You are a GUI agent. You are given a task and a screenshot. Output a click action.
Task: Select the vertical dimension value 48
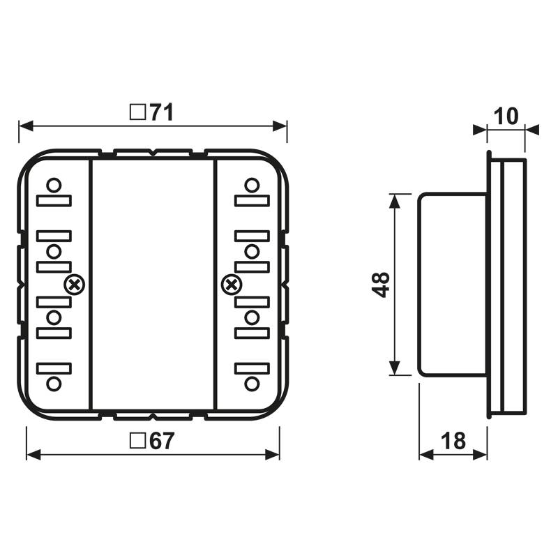(x=381, y=285)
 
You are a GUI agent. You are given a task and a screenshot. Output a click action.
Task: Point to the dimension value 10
(x=506, y=116)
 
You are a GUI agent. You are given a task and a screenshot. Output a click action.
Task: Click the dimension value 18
(x=453, y=442)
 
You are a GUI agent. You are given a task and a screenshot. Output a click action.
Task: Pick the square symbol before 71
(x=137, y=113)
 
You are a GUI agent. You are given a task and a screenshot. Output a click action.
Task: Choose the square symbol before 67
(x=137, y=442)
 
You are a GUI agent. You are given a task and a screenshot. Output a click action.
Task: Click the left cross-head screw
(x=74, y=285)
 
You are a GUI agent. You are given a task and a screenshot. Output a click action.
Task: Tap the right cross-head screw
(x=231, y=285)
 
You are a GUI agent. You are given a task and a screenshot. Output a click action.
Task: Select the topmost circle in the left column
(x=54, y=186)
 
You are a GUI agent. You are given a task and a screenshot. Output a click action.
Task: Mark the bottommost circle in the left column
(x=54, y=383)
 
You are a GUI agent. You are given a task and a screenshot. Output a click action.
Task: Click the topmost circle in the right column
(x=252, y=186)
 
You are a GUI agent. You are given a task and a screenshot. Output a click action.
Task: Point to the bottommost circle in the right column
(x=252, y=383)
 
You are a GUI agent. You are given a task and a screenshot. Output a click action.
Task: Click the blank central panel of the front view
(x=153, y=285)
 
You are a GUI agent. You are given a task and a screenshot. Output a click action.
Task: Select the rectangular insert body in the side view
(x=452, y=285)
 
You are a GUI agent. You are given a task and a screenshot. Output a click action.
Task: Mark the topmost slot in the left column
(x=54, y=201)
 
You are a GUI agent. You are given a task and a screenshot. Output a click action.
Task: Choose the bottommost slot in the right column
(x=252, y=368)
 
